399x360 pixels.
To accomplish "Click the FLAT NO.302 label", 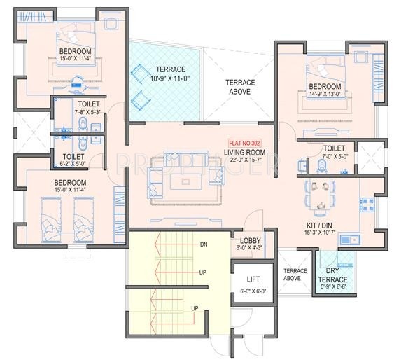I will [x=244, y=142].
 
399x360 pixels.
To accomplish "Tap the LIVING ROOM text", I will [x=244, y=152].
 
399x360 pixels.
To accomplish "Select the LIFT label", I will [x=253, y=279].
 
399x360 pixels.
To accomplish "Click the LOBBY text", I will [x=250, y=240].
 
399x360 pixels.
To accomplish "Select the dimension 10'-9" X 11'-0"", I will [x=165, y=79].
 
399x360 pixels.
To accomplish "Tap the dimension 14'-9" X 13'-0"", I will [x=325, y=97].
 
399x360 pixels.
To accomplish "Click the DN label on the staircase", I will [x=204, y=244].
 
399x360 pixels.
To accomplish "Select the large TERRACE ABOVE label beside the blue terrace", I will [x=240, y=87].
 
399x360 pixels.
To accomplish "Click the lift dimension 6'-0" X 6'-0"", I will [x=253, y=291].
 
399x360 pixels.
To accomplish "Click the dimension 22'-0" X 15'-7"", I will [x=244, y=161].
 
